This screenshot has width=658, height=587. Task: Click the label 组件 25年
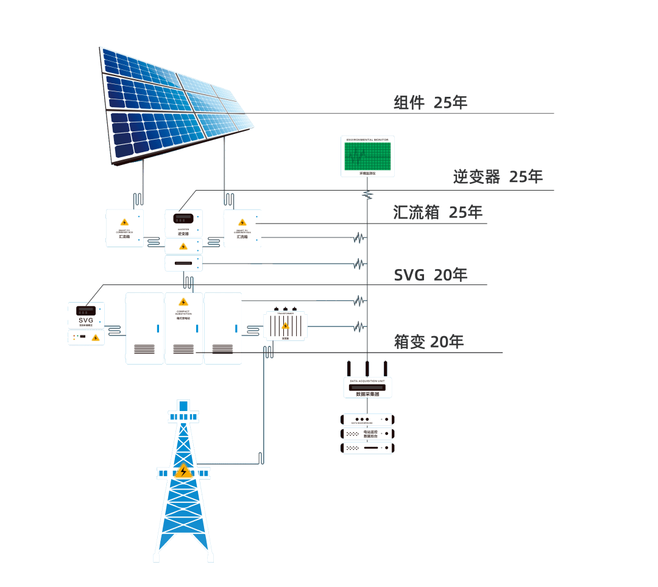(x=430, y=103)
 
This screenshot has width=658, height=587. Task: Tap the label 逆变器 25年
(x=497, y=177)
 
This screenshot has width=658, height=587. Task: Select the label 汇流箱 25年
(x=437, y=213)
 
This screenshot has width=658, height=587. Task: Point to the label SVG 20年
(x=430, y=275)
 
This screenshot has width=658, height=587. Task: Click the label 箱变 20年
(x=428, y=342)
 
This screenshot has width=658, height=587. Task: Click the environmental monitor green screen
(x=367, y=156)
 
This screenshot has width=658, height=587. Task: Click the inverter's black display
(x=183, y=218)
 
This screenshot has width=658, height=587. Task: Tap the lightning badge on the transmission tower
(x=183, y=471)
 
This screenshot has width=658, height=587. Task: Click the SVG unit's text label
(x=86, y=321)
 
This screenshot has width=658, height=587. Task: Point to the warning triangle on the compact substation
(x=183, y=302)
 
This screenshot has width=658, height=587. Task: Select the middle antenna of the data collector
(x=367, y=368)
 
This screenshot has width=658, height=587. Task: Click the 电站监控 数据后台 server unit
(x=368, y=434)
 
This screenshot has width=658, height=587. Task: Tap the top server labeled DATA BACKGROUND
(x=368, y=420)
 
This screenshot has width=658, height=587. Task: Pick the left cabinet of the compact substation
(x=144, y=328)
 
